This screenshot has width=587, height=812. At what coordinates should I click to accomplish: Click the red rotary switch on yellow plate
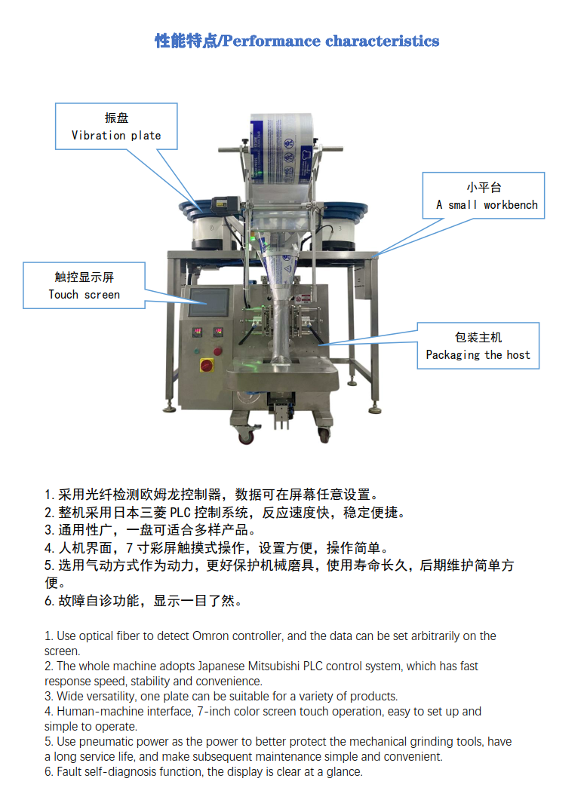tap(207, 365)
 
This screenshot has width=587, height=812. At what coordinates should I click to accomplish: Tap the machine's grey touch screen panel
tap(208, 302)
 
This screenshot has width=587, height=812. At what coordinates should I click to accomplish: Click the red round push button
tap(218, 351)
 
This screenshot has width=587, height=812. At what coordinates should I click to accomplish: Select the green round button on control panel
tap(197, 351)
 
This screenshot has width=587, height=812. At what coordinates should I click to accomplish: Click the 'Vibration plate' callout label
tap(116, 127)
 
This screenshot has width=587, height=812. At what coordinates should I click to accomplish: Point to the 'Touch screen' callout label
tap(84, 285)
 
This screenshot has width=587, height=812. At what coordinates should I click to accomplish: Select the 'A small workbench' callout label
tap(484, 196)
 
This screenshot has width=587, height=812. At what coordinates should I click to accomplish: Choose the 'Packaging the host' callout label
tap(478, 346)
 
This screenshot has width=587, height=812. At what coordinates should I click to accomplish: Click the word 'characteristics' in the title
tap(383, 41)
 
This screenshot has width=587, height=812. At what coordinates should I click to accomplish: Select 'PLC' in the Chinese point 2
tap(180, 513)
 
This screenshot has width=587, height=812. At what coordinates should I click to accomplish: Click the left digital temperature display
tap(198, 332)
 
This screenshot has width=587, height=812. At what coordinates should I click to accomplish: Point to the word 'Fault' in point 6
tap(69, 771)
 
